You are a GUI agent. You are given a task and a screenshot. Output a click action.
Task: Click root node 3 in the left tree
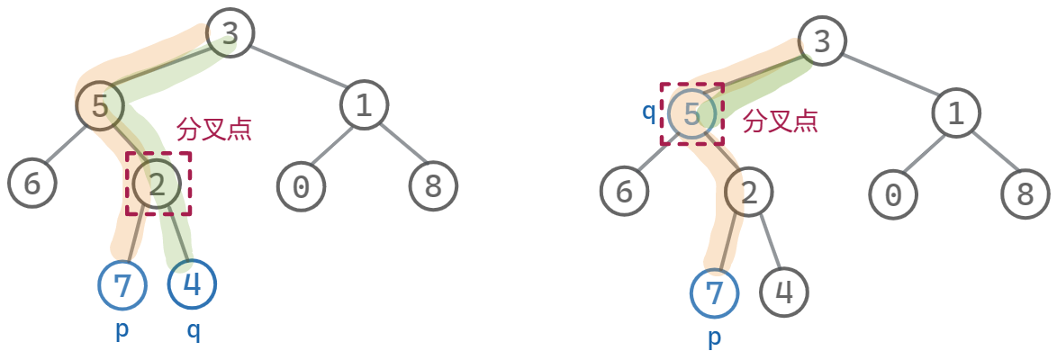tap(230, 34)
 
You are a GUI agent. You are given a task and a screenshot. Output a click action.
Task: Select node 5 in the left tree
tap(100, 105)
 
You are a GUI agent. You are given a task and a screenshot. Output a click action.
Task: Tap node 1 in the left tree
tap(364, 105)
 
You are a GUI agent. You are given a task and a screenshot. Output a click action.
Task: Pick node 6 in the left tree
tap(32, 183)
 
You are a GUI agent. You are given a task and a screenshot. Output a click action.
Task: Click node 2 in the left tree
tap(158, 184)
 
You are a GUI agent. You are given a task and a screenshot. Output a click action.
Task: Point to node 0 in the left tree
tap(301, 185)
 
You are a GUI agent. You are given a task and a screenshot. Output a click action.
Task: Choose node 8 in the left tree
tap(433, 185)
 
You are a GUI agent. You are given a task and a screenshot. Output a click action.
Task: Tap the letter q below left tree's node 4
tap(194, 330)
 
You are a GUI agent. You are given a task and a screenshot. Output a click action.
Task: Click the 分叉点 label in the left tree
tap(214, 129)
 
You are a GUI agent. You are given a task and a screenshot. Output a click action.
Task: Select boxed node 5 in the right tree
tap(691, 114)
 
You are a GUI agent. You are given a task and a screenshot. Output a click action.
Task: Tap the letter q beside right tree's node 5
tap(648, 112)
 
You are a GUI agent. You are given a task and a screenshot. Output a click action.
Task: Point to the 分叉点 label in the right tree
tap(781, 121)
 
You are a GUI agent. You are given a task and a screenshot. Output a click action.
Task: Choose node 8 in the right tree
tap(1025, 193)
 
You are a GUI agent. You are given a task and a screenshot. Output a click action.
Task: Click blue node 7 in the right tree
tap(714, 292)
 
